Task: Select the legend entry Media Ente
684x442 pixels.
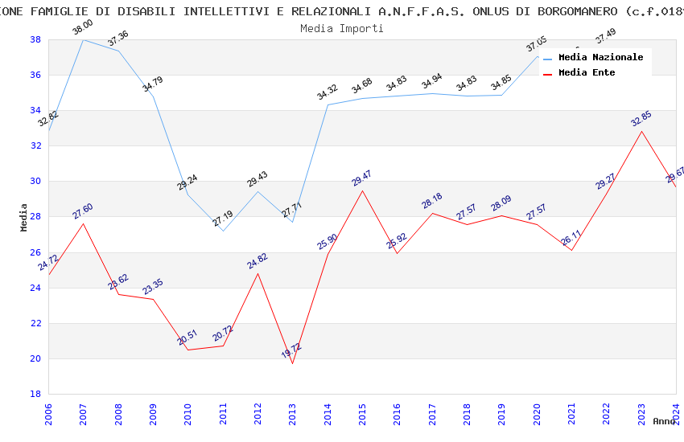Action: pyautogui.click(x=587, y=72)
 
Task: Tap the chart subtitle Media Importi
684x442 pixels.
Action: pyautogui.click(x=342, y=28)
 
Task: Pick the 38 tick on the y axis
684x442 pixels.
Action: pyautogui.click(x=36, y=39)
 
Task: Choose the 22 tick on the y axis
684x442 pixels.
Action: pyautogui.click(x=36, y=323)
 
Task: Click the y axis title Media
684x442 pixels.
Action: pyautogui.click(x=24, y=217)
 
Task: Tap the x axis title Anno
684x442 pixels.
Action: pyautogui.click(x=664, y=421)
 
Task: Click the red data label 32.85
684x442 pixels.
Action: pyautogui.click(x=641, y=119)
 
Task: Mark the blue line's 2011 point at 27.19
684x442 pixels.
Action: pyautogui.click(x=223, y=231)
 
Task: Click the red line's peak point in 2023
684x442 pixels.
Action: pyautogui.click(x=641, y=131)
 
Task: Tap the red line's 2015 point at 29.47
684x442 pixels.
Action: pyautogui.click(x=362, y=190)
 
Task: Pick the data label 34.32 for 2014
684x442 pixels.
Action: pyautogui.click(x=327, y=92)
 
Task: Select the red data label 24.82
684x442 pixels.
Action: pyautogui.click(x=257, y=260)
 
